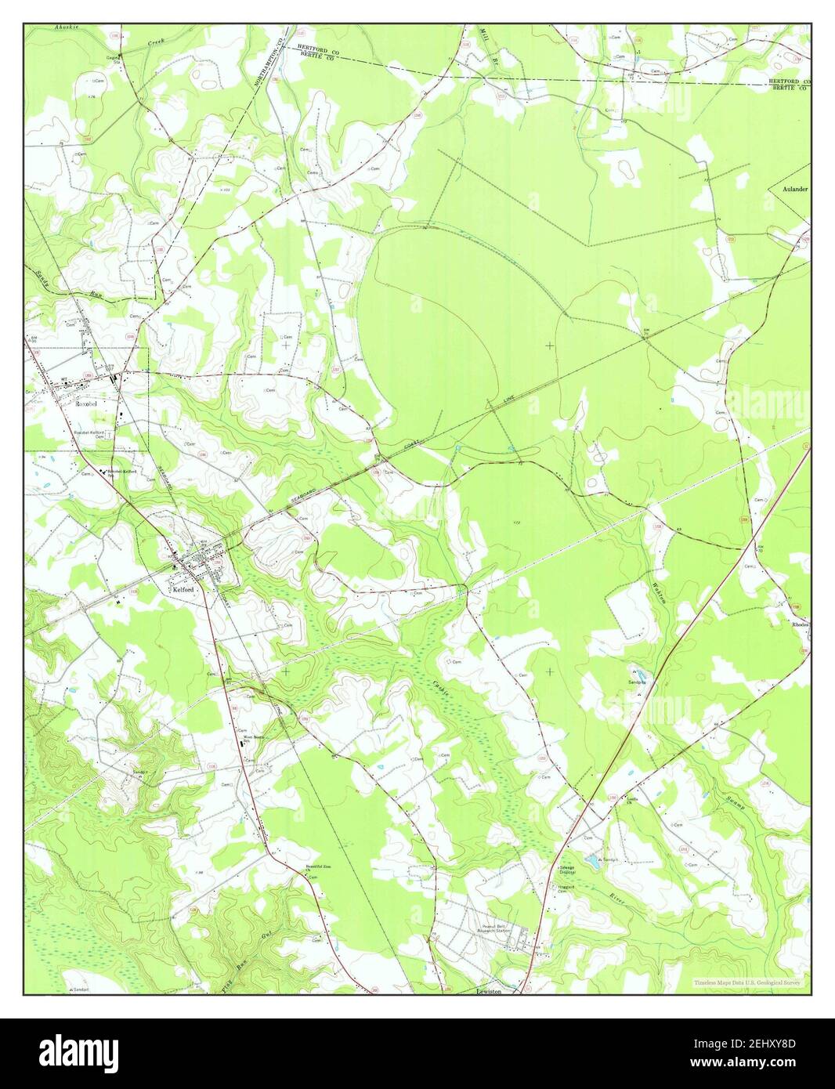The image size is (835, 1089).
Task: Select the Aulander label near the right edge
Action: click(792, 190)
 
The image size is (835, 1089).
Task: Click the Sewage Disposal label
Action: click(567, 870)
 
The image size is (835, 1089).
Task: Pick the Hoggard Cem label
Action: click(566, 888)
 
